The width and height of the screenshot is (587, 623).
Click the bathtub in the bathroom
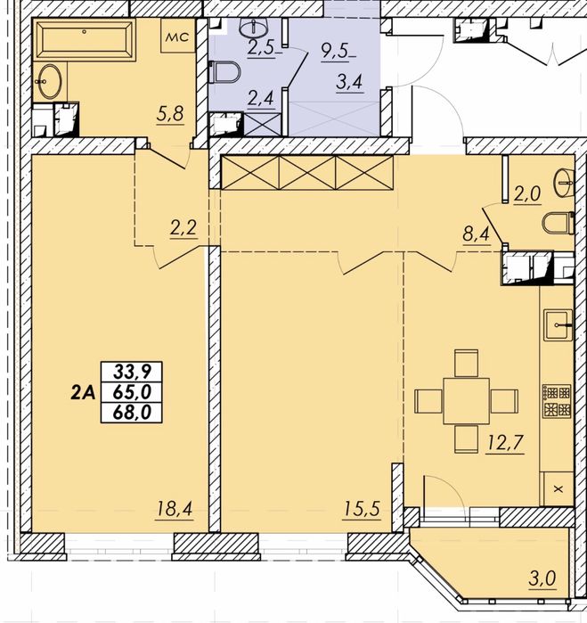tap(85, 39)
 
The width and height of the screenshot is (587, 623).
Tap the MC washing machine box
tap(177, 35)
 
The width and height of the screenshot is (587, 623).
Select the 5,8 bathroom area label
tap(170, 115)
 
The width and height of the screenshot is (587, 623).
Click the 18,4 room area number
tap(175, 509)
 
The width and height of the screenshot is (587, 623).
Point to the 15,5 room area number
tap(361, 510)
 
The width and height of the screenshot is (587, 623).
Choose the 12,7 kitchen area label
tap(505, 444)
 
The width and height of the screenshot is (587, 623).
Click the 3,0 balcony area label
tap(543, 579)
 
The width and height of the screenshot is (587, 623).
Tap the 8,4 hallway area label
tap(477, 235)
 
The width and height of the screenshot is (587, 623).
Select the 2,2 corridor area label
tap(183, 229)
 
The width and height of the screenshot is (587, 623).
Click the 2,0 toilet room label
tap(527, 195)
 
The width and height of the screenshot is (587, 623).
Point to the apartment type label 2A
tap(84, 393)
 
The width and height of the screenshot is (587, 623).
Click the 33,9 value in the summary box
tap(132, 373)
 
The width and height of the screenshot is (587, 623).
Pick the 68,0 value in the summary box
tap(132, 412)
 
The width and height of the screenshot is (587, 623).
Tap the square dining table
tap(466, 401)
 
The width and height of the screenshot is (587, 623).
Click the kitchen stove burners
tap(557, 401)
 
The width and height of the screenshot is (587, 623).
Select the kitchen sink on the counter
tap(558, 325)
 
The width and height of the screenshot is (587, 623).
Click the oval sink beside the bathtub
tap(50, 81)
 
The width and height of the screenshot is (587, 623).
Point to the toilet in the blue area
tap(224, 72)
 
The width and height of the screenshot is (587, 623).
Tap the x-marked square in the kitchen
tap(558, 489)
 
